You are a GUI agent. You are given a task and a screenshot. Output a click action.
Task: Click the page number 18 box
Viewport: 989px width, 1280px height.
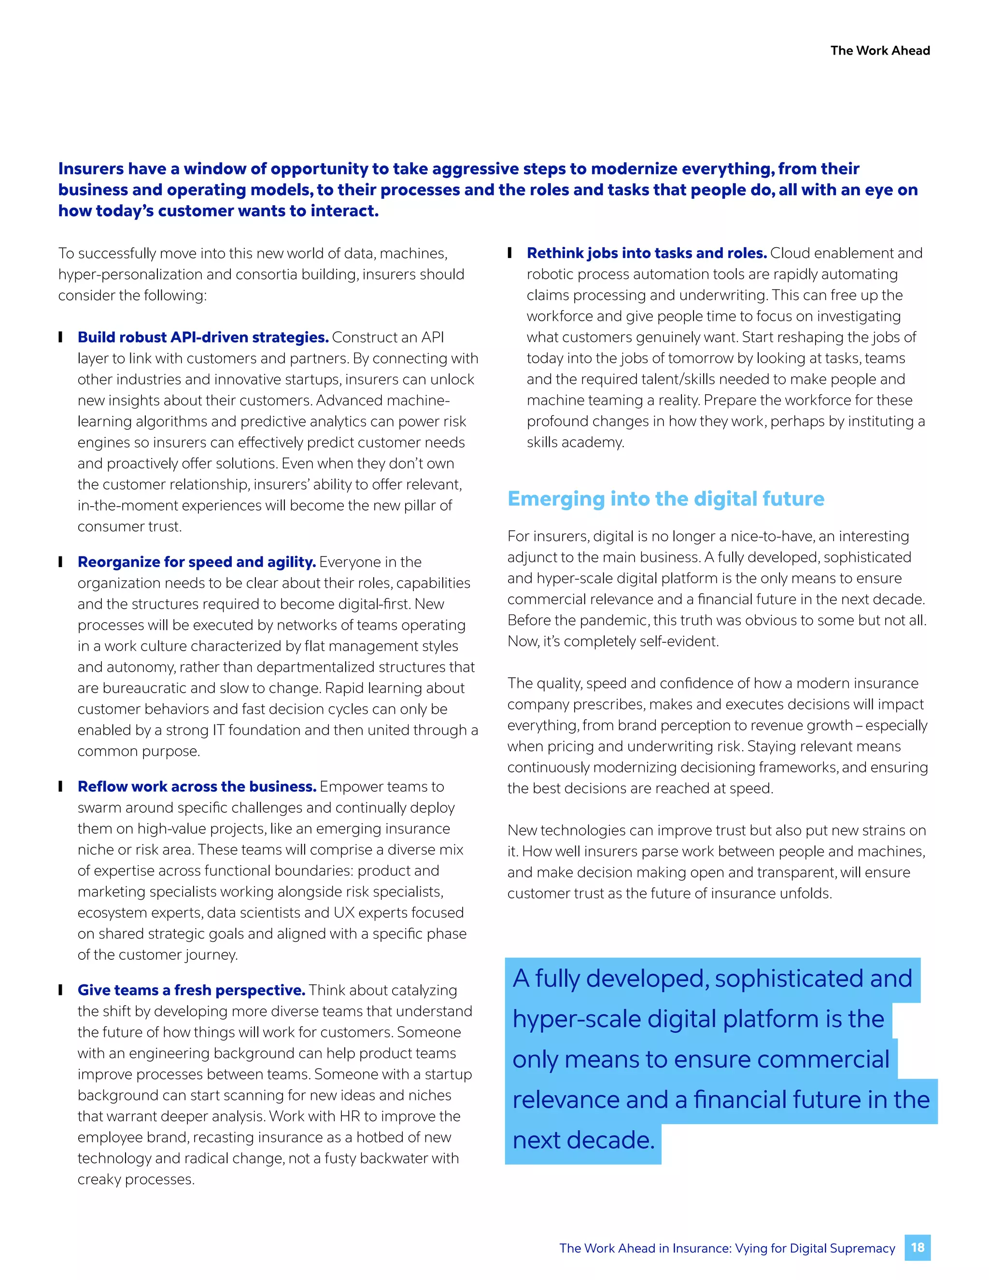pos(917,1247)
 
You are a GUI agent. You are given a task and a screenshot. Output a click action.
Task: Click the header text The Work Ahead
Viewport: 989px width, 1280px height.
pos(879,50)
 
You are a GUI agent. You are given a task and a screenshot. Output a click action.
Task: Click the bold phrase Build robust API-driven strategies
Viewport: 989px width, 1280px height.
pos(203,337)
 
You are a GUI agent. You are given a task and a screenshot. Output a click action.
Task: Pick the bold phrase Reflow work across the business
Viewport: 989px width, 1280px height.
pos(197,786)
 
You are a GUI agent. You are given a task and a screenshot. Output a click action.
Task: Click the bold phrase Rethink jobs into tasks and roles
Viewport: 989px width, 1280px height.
pos(646,253)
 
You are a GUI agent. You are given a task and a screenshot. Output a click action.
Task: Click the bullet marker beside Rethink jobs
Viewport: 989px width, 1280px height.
pos(510,253)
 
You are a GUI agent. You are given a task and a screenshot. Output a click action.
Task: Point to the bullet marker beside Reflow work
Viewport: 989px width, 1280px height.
pos(60,786)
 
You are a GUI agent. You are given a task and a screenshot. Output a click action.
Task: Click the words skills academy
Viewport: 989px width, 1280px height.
pos(575,442)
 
